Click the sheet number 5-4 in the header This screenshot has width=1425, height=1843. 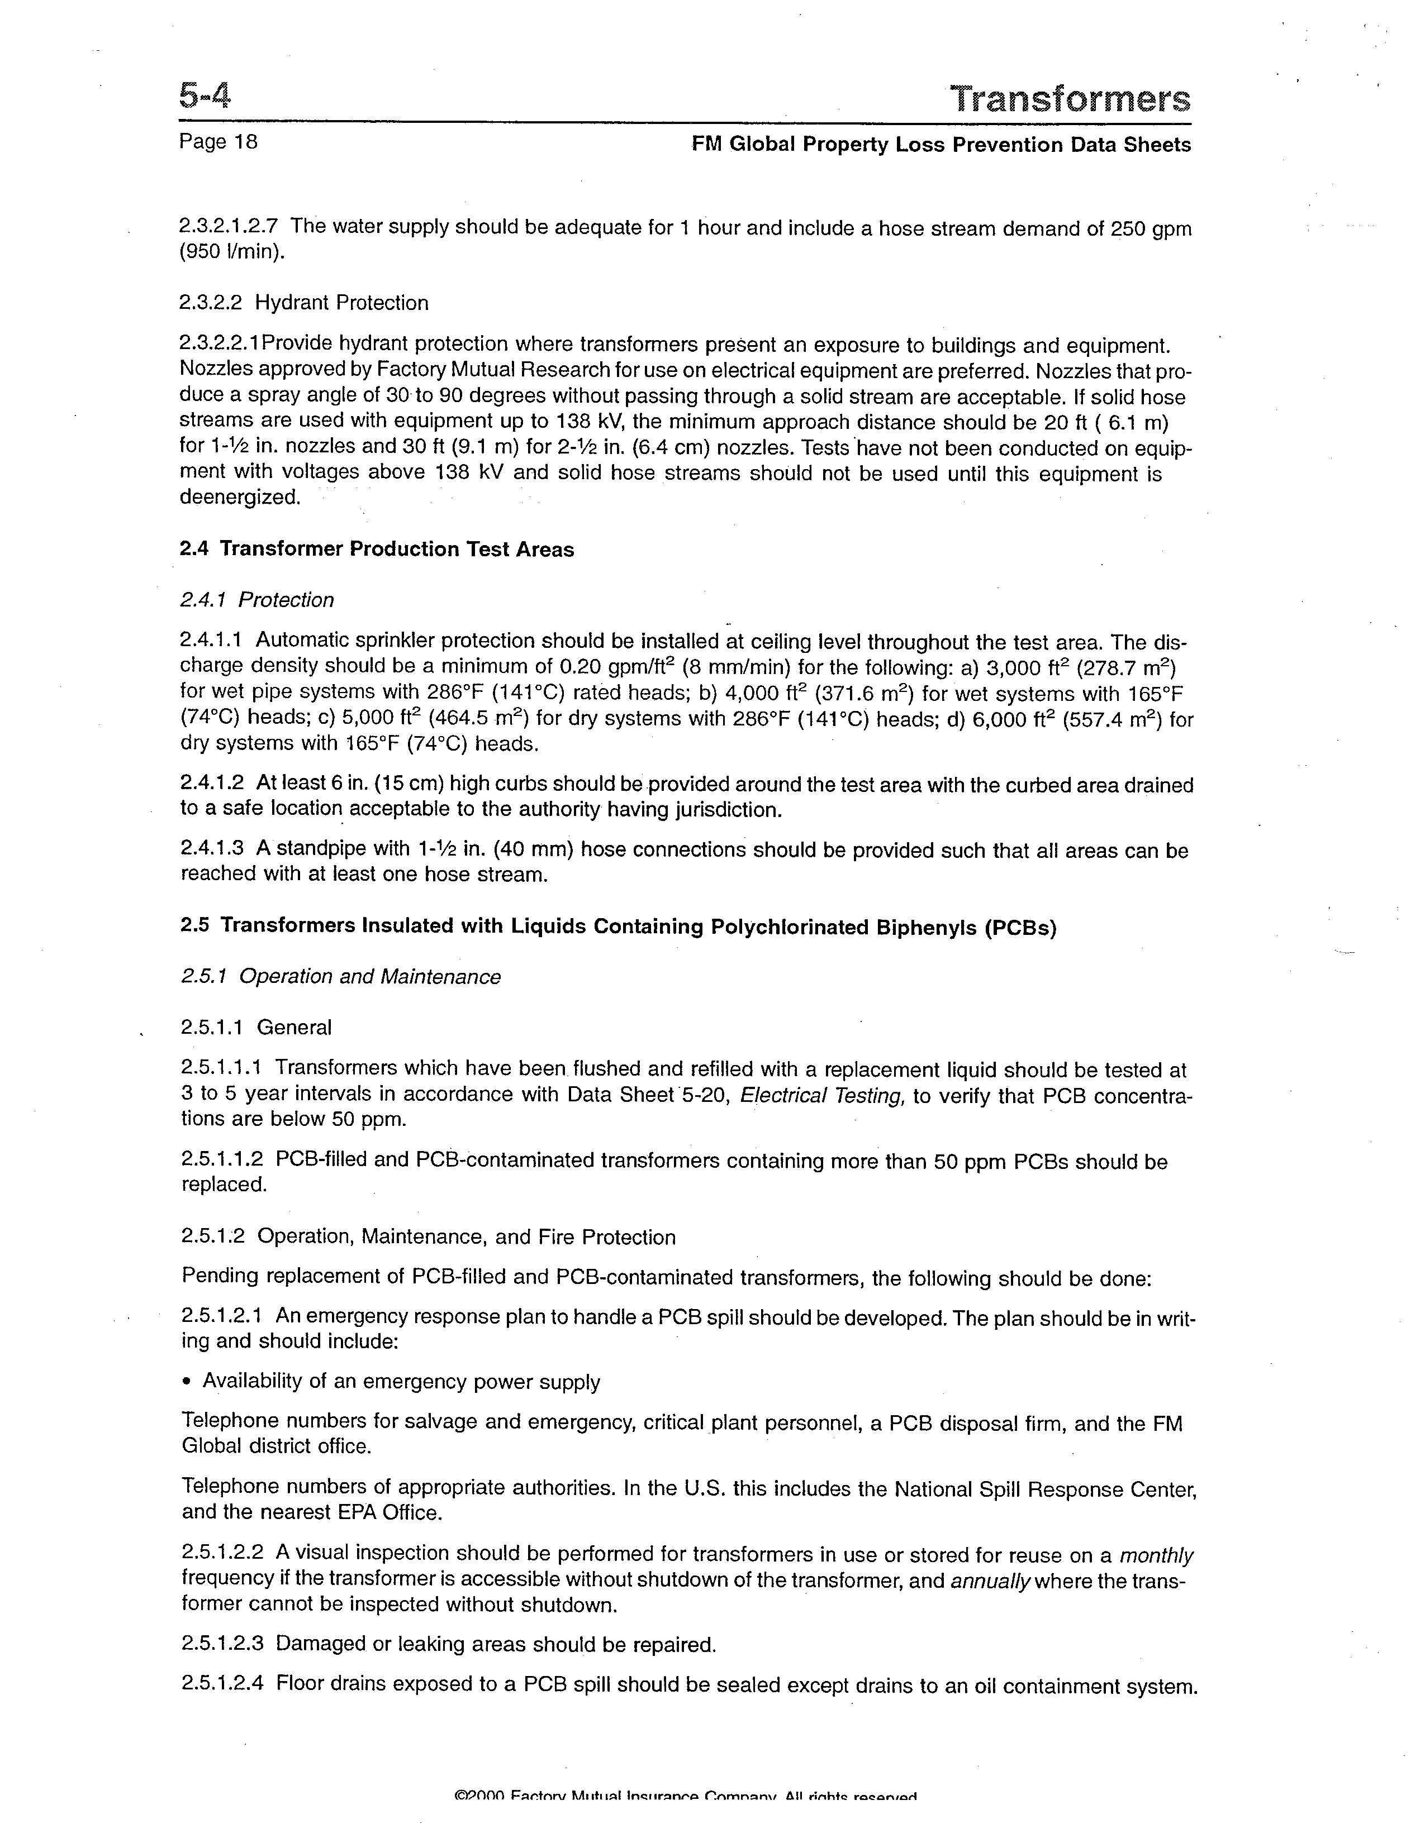click(205, 96)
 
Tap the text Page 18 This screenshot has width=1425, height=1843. click(218, 142)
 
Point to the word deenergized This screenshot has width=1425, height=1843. click(240, 497)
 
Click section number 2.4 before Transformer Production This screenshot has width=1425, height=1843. click(194, 550)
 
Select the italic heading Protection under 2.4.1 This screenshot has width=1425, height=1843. click(286, 600)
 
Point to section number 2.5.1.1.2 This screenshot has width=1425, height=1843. click(223, 1161)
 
